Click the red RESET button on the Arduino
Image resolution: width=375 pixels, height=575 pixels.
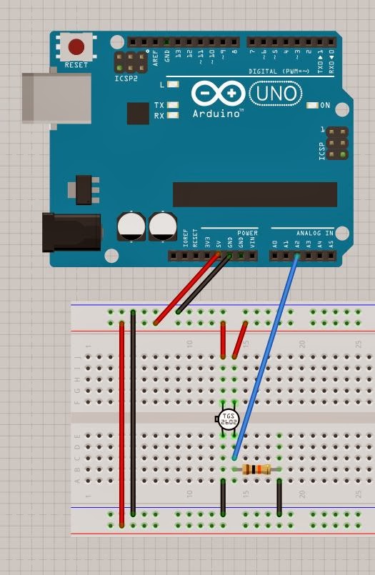tap(76, 48)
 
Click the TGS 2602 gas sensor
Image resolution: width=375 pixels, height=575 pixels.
tap(228, 419)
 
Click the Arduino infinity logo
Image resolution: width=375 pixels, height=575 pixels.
tap(218, 94)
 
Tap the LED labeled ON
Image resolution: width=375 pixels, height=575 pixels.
tap(312, 106)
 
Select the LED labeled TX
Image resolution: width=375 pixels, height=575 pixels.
tap(172, 105)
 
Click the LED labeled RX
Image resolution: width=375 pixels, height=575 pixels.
tap(172, 115)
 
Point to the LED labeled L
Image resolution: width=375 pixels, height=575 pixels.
tap(172, 84)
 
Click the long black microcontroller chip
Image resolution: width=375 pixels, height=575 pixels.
tap(254, 194)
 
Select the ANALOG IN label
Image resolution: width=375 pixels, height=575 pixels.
tap(315, 233)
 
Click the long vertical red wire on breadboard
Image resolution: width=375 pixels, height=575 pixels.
tap(122, 421)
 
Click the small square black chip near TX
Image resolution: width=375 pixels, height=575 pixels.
tap(137, 114)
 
